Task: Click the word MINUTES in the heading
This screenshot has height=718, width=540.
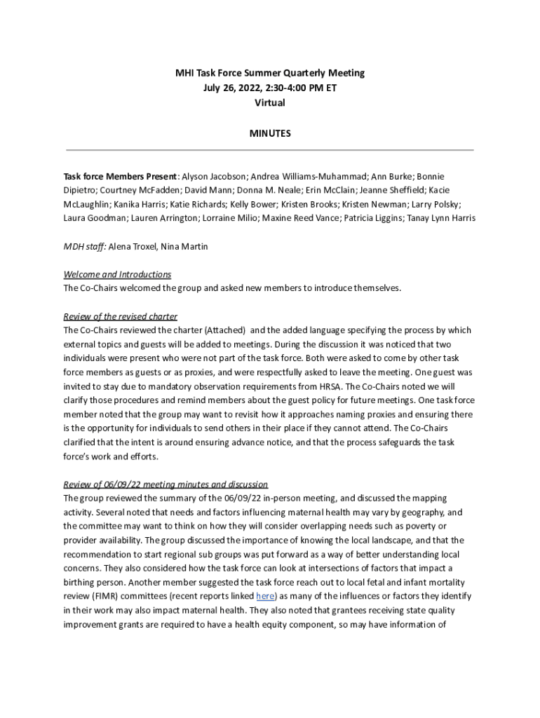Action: (x=270, y=133)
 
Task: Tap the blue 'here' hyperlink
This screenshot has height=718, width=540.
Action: (x=265, y=596)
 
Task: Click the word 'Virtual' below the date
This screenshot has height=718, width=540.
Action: (x=270, y=102)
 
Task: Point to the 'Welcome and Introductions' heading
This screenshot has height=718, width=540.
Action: (x=117, y=274)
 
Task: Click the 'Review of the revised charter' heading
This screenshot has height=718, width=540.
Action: (x=120, y=316)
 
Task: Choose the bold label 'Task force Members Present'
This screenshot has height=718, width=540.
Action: (x=120, y=176)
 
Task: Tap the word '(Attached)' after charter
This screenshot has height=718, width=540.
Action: (x=221, y=330)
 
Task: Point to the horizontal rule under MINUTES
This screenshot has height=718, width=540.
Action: (x=270, y=150)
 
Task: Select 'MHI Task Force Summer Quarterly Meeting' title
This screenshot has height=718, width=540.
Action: (x=270, y=73)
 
